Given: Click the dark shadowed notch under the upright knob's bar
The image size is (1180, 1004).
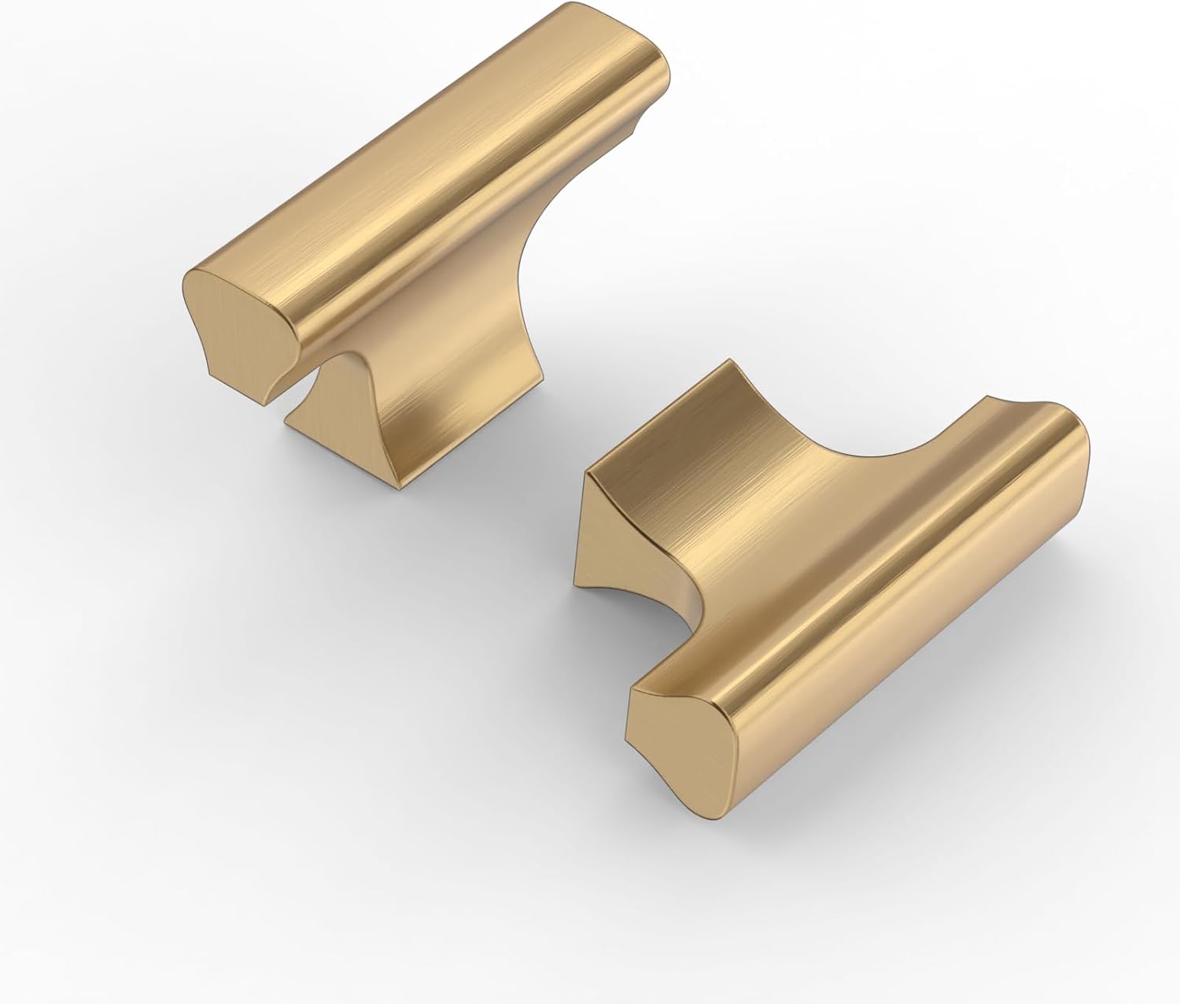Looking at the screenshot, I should [319, 378].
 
